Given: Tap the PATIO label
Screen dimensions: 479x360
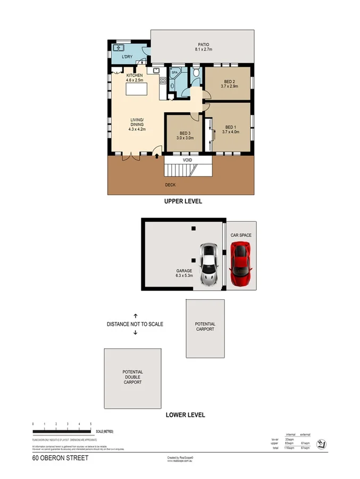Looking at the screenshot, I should tap(204, 45).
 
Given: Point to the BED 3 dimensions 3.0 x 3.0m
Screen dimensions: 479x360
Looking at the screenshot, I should tap(185, 138).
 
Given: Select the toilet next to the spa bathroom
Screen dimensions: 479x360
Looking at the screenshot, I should tap(196, 72).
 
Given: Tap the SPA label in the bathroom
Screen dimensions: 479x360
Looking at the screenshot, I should tap(174, 73).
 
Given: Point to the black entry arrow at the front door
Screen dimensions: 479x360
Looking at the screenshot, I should tap(157, 156).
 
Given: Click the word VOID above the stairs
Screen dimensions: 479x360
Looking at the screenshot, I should tap(187, 160).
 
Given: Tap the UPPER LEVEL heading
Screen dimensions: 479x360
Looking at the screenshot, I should tap(183, 202).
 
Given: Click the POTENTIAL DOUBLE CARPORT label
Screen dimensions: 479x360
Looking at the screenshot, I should tap(132, 377).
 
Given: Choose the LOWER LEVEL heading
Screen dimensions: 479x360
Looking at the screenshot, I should tap(185, 415).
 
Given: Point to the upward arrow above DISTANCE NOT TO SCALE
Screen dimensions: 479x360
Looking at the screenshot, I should tap(135, 315).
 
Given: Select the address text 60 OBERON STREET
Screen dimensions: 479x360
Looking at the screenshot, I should tap(60, 458).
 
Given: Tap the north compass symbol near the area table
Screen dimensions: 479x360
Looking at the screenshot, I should tap(322, 444).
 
